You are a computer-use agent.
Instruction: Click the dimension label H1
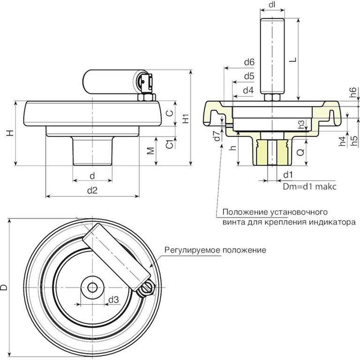187,119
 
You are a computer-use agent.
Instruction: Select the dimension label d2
93,190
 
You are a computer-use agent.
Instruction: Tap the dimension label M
150,151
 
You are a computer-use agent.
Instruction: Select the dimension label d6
249,62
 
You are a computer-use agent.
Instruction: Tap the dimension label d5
249,76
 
